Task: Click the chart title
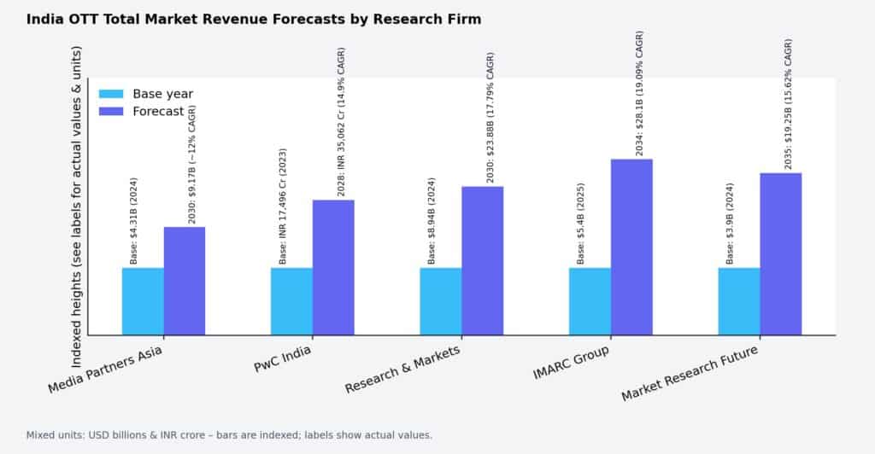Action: pos(254,19)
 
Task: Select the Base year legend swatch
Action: pos(111,94)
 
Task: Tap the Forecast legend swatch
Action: pos(111,111)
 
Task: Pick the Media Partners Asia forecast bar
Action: pos(185,281)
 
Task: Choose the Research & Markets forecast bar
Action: pos(483,260)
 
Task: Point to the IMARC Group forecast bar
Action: pos(631,247)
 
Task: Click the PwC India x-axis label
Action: pos(283,358)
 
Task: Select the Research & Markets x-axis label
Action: pos(402,370)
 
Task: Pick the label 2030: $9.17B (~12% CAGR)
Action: pos(192,164)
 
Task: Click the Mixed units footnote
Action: pos(229,435)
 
